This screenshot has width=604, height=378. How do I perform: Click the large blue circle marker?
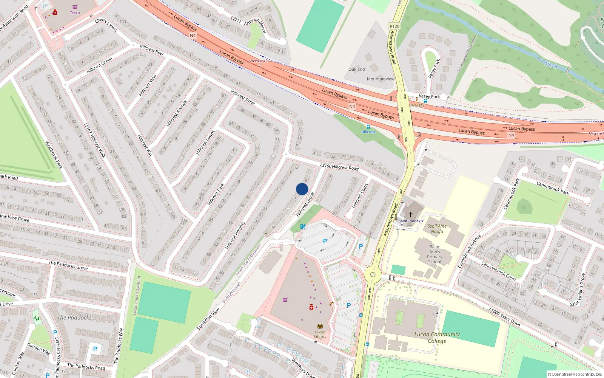click(302, 189)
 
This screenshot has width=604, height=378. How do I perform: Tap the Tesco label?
click(75, 12)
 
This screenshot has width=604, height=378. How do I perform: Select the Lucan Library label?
click(320, 334)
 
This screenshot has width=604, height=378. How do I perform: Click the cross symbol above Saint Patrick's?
click(411, 215)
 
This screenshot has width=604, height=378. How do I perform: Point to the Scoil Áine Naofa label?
click(437, 229)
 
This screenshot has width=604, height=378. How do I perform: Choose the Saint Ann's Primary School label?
click(435, 254)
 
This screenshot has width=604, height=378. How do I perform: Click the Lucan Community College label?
click(437, 337)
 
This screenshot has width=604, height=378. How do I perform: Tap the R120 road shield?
click(394, 26)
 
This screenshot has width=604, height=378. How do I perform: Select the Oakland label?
click(357, 69)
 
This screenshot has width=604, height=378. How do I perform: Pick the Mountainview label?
click(381, 79)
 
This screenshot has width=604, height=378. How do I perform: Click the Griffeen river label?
click(549, 64)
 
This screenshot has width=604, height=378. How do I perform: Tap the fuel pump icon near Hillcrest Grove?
click(303, 226)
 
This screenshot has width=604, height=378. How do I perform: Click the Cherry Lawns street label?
click(106, 25)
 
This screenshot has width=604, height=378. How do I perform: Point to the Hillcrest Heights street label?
click(235, 235)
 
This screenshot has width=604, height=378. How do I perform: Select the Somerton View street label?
click(208, 319)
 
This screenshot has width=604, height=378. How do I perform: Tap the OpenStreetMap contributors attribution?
click(575, 375)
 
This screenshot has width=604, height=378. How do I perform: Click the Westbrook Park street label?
click(54, 154)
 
